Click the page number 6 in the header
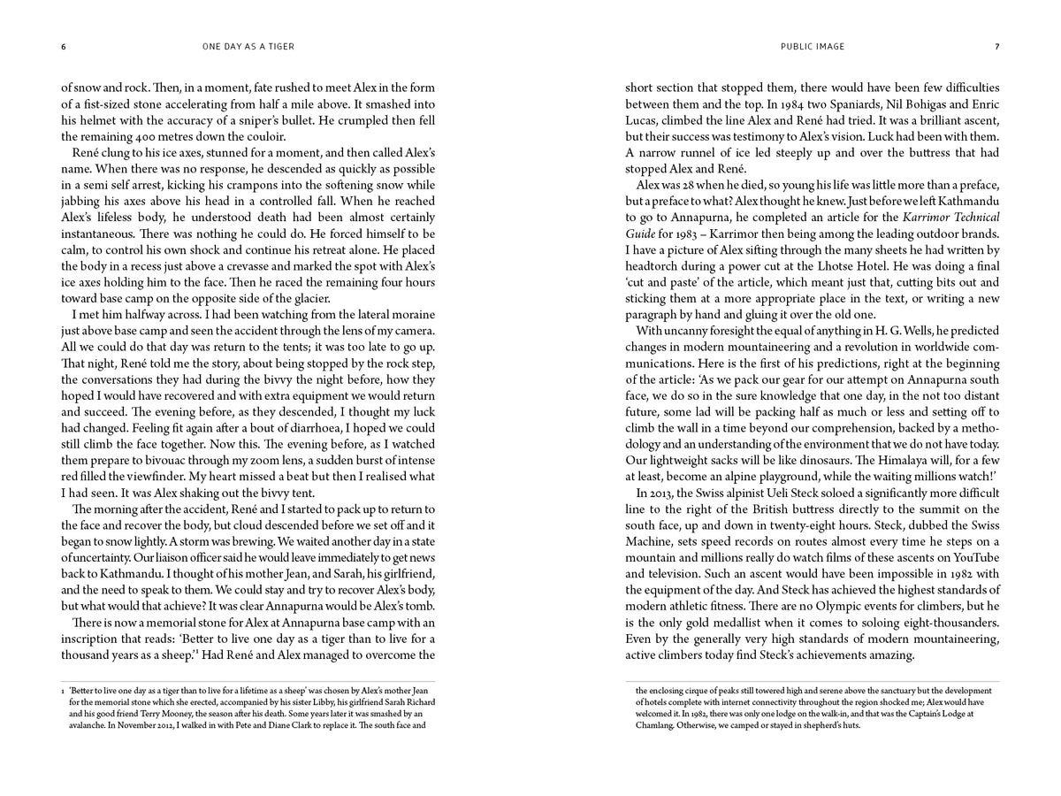[x=63, y=47]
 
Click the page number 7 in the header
[x=996, y=47]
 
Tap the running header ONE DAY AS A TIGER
[x=249, y=47]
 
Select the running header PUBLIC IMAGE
[x=813, y=47]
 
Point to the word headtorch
[x=657, y=266]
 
